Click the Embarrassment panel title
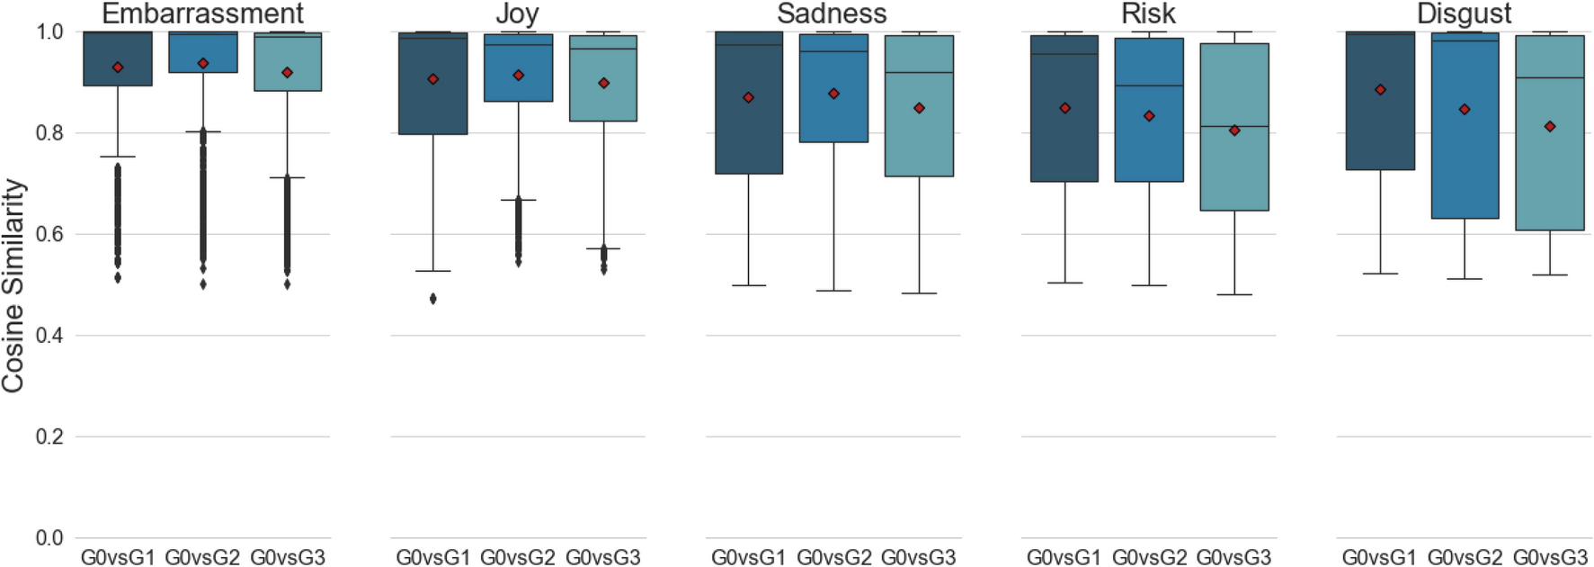(202, 13)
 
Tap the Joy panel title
(517, 13)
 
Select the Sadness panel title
(832, 13)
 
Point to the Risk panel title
(1148, 13)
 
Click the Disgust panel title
(1464, 13)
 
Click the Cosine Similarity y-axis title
(13, 285)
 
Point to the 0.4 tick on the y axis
(49, 336)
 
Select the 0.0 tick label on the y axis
(49, 538)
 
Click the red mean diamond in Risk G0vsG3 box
(1234, 130)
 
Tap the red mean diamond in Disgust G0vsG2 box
(1465, 110)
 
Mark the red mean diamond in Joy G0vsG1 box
(433, 79)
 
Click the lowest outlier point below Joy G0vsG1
(433, 299)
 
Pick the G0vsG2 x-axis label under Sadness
(833, 558)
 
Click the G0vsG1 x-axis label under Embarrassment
(118, 558)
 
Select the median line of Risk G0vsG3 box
(1234, 126)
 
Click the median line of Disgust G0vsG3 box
(1550, 78)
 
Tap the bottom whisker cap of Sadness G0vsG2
(833, 291)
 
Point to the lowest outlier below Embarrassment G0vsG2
(203, 284)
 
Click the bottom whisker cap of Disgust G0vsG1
(1380, 274)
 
